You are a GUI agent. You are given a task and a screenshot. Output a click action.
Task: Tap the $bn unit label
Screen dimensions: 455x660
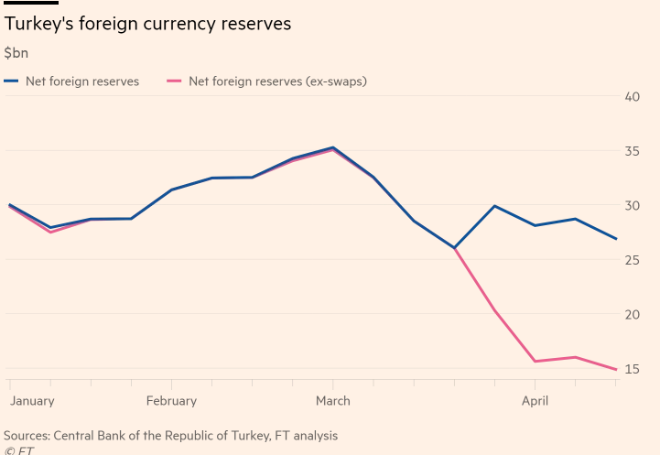point(16,53)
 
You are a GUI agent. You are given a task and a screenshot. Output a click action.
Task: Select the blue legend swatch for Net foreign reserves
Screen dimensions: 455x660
point(11,81)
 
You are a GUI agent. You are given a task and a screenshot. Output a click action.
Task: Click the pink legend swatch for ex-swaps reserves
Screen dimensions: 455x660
point(174,81)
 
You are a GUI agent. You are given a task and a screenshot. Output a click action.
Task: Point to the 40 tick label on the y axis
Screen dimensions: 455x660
point(632,96)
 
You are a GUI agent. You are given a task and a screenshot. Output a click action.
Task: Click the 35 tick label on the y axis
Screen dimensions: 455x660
point(632,151)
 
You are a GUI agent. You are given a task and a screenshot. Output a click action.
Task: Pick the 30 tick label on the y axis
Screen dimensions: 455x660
point(632,205)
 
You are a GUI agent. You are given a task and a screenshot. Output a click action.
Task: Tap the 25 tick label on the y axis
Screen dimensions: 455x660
point(632,260)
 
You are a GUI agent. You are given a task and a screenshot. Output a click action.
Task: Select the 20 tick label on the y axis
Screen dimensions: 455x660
point(632,314)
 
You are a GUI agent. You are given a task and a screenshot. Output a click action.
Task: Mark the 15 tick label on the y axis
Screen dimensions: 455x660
point(632,369)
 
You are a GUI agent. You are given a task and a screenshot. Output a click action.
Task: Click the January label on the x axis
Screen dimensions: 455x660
point(32,401)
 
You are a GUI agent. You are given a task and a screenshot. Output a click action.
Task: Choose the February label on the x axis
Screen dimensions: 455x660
point(171,401)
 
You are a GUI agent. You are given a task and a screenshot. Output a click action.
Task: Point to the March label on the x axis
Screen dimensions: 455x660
point(332,401)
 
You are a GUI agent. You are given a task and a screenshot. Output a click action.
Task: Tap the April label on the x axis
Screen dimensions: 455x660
point(536,401)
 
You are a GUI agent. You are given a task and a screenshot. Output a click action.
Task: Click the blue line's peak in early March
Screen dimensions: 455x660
point(332,147)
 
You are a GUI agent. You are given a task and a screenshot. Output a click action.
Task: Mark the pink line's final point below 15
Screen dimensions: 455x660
point(615,369)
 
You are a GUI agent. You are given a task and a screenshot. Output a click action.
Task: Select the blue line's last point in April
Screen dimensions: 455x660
point(615,239)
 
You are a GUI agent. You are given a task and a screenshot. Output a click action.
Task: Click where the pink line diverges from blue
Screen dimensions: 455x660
point(454,248)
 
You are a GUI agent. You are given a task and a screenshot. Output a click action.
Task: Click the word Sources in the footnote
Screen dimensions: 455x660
point(27,436)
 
